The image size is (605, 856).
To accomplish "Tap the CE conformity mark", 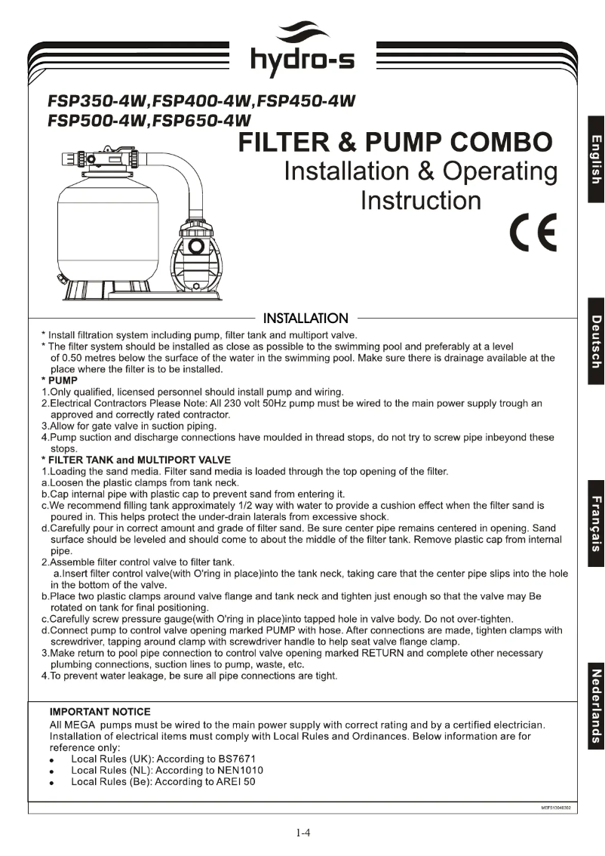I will pyautogui.click(x=532, y=234).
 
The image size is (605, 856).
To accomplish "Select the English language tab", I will pyautogui.click(x=595, y=159).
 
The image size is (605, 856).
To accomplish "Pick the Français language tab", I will pyautogui.click(x=595, y=524).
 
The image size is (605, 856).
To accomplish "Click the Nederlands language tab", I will pyautogui.click(x=595, y=707).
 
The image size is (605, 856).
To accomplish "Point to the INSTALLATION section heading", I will pyautogui.click(x=305, y=319).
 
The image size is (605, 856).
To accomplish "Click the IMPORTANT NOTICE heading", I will pyautogui.click(x=100, y=712).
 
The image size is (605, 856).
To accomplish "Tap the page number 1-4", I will pyautogui.click(x=303, y=833).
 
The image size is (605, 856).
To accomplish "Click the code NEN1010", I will pyautogui.click(x=237, y=770).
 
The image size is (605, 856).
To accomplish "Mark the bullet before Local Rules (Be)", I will pyautogui.click(x=51, y=784).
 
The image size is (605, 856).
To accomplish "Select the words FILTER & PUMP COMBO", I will pyautogui.click(x=395, y=141).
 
